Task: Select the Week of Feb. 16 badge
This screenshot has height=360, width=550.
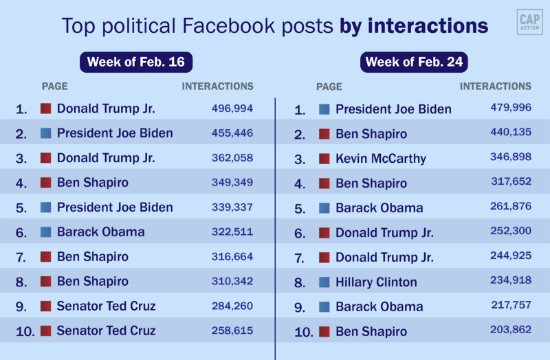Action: [x=136, y=62]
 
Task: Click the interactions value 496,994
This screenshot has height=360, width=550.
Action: [x=232, y=109]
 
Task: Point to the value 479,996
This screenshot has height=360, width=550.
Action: [x=511, y=108]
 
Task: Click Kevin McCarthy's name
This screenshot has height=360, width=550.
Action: [x=381, y=159]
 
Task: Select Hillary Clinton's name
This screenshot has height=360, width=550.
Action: [x=376, y=282]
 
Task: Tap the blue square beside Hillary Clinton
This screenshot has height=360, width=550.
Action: [x=324, y=282]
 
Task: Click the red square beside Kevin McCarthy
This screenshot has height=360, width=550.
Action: [x=324, y=159]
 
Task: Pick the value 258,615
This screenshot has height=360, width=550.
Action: [x=232, y=330]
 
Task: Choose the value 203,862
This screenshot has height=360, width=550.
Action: [x=511, y=330]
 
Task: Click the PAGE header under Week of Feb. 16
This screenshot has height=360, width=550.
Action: [x=55, y=87]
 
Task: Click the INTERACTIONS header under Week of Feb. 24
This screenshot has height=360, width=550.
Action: [x=495, y=87]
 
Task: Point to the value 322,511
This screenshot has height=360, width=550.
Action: [x=232, y=232]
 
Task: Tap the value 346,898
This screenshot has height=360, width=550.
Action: [x=511, y=158]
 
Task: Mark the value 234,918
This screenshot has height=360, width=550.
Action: [x=511, y=281]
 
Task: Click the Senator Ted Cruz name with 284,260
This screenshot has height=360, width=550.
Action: [x=107, y=306]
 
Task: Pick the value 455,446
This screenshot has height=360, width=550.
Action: [x=232, y=133]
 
